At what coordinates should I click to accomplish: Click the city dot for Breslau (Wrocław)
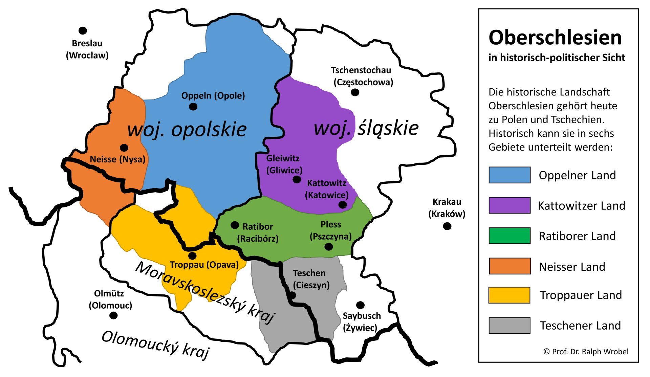(83, 30)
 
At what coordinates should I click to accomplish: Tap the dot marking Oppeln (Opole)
(193, 107)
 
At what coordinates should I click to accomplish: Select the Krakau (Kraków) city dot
(447, 226)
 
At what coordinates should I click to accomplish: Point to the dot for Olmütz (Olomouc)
(113, 315)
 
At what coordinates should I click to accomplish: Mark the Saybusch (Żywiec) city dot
(361, 305)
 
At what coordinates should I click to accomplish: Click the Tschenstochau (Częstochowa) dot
(355, 92)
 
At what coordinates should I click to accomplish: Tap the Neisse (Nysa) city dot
(124, 148)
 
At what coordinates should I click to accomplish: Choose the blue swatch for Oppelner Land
(509, 175)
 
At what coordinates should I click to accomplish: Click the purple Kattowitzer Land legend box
(509, 205)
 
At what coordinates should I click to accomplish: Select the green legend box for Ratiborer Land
(509, 236)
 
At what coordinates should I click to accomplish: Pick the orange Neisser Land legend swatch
(509, 266)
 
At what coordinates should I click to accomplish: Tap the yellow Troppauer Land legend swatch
(509, 295)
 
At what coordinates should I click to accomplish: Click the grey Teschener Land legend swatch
(509, 325)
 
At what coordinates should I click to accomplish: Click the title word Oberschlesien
(555, 37)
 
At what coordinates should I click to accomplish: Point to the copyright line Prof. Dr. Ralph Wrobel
(586, 352)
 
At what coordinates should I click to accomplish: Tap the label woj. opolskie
(187, 129)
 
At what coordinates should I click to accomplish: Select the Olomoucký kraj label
(156, 345)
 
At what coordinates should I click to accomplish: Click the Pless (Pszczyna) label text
(330, 230)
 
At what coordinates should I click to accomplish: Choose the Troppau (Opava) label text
(204, 264)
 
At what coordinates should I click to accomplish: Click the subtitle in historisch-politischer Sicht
(557, 58)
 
